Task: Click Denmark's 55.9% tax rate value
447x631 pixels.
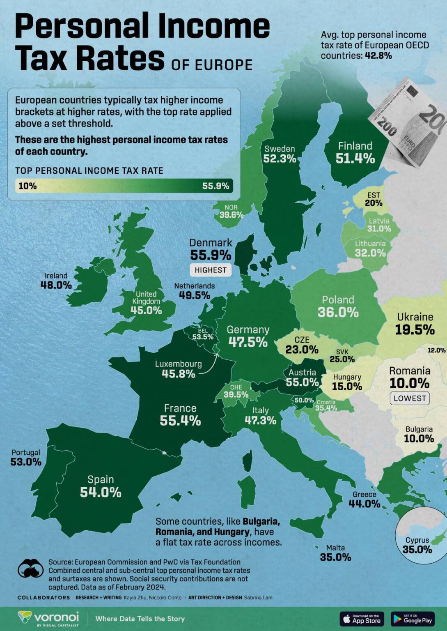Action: tap(211, 255)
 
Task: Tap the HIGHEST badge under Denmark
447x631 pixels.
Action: tap(211, 270)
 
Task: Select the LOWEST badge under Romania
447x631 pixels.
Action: tap(410, 398)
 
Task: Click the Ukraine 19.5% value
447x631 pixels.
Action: tap(415, 329)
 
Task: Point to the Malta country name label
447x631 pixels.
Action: tap(335, 548)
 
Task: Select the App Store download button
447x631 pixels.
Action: tap(362, 619)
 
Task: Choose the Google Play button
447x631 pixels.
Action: tap(413, 619)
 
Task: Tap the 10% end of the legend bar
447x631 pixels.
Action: tap(28, 186)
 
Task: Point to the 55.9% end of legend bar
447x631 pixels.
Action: tap(215, 186)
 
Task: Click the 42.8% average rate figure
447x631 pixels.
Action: tap(378, 55)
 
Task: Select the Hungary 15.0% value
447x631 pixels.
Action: tap(347, 386)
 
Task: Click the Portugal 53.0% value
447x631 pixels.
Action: tap(26, 462)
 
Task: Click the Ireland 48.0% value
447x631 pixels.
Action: tap(56, 285)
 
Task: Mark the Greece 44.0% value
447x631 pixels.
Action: tap(364, 504)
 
